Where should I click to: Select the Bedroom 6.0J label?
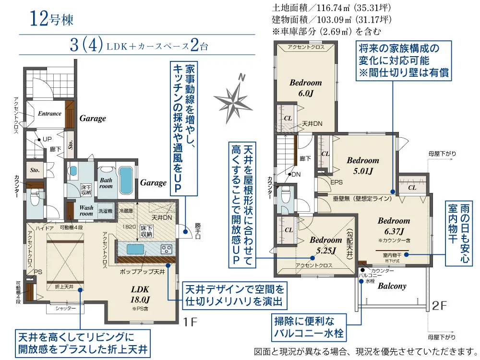(x=305, y=87)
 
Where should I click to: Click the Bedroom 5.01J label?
(x=362, y=165)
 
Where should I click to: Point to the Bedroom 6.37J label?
(x=394, y=226)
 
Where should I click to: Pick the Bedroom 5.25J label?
(x=325, y=245)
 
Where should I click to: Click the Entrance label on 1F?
(x=49, y=114)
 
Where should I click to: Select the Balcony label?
(x=392, y=286)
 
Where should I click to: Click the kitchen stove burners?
(x=166, y=249)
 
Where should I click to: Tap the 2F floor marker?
(x=440, y=305)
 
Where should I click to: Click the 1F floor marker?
(x=190, y=321)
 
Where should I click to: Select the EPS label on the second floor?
(x=336, y=182)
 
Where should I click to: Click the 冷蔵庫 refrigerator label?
(x=126, y=211)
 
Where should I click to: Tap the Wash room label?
(x=86, y=211)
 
